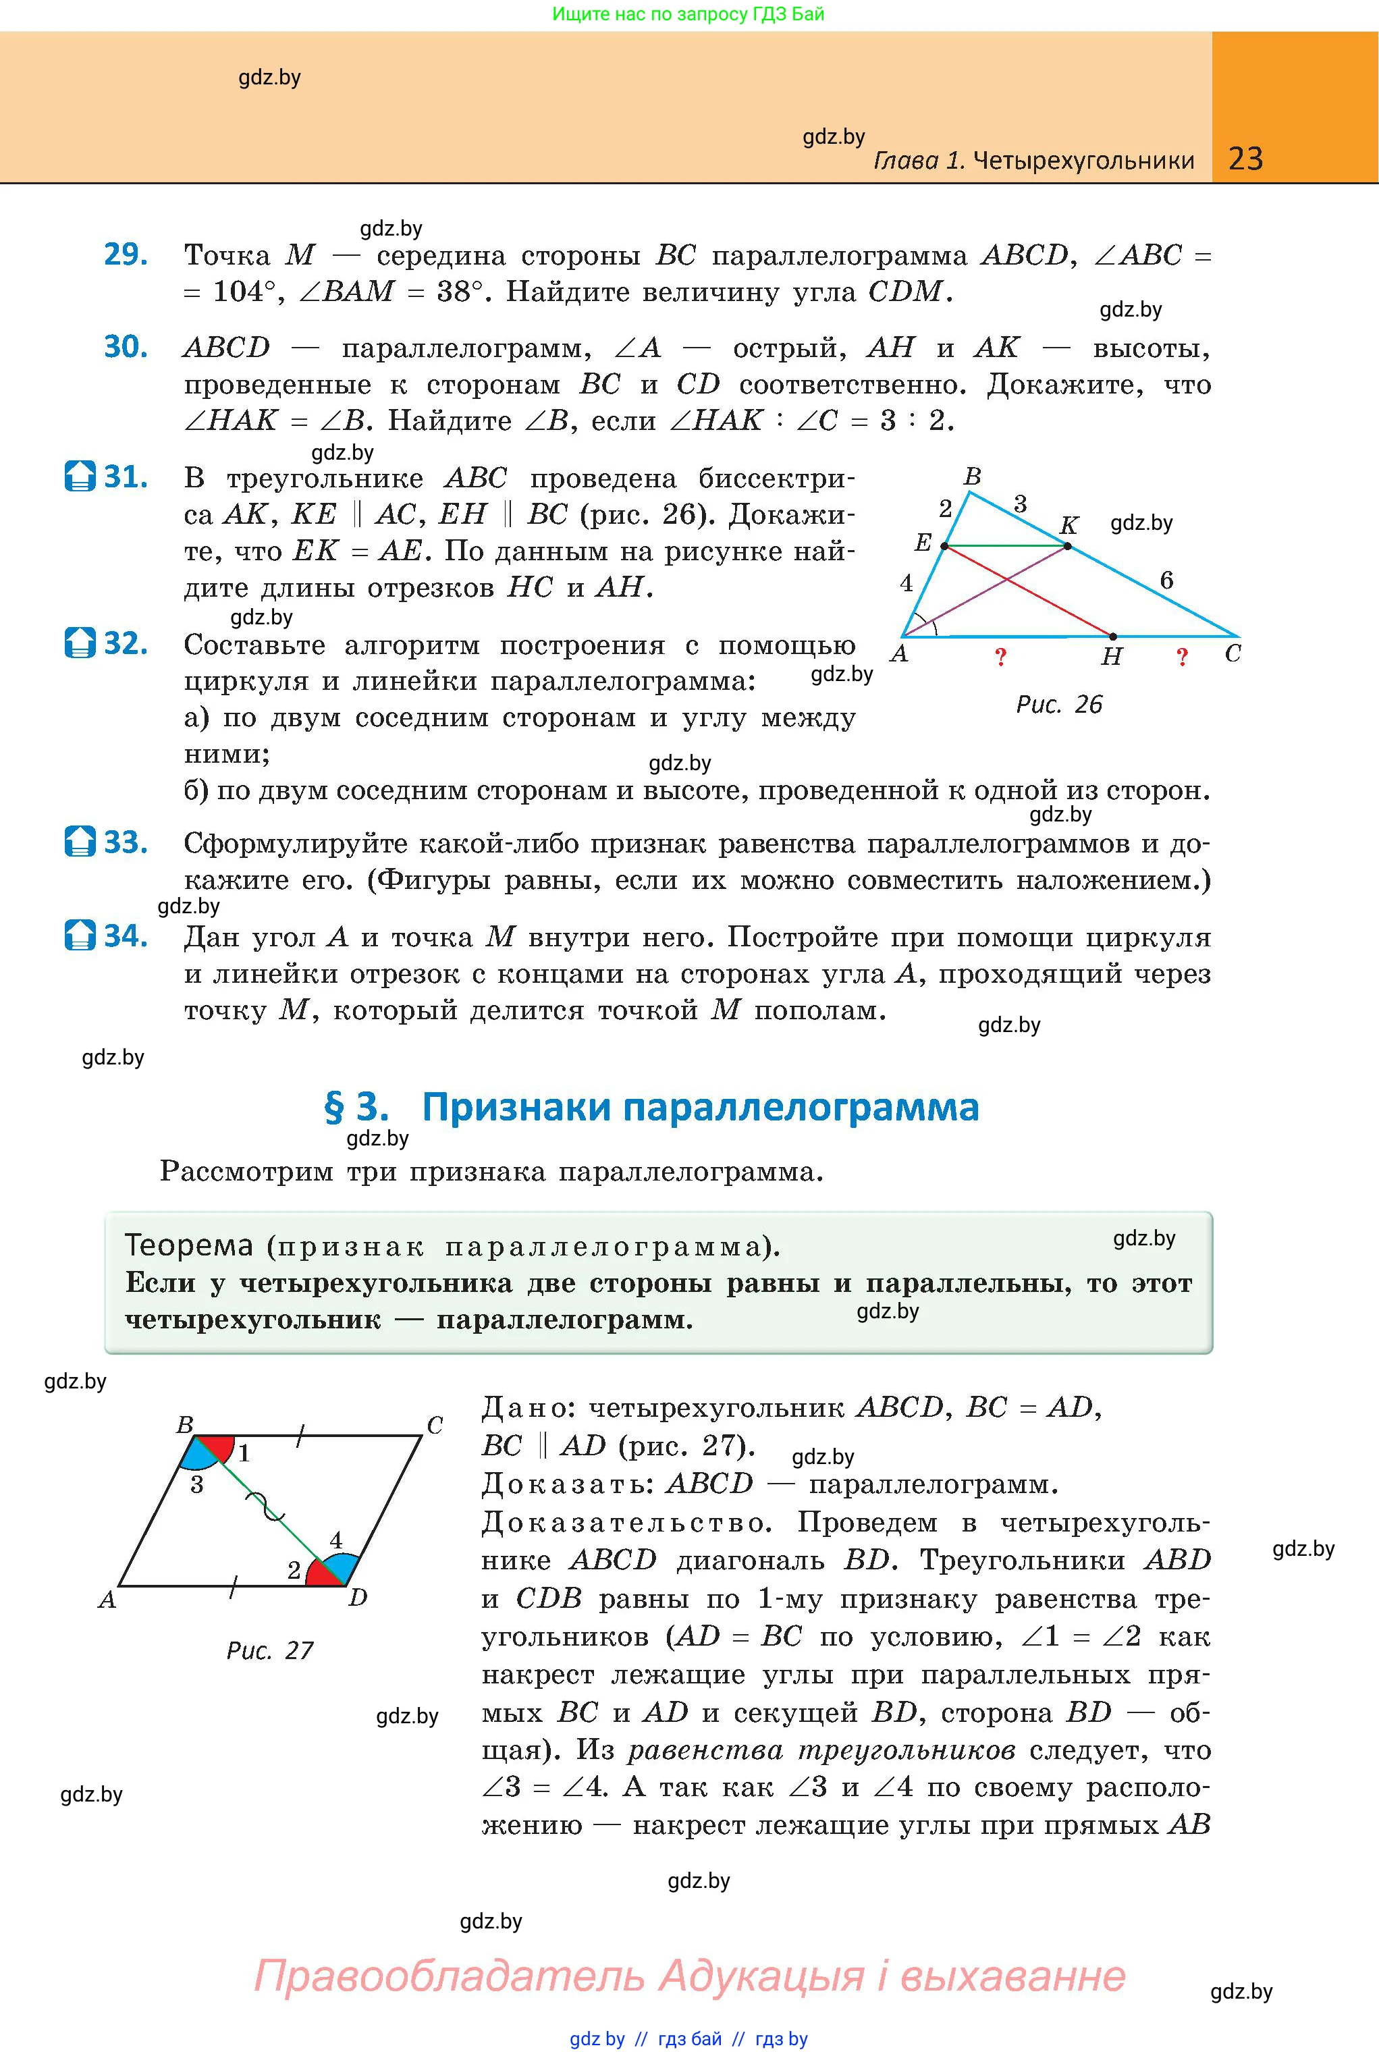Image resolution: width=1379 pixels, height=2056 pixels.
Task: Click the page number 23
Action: click(x=1245, y=159)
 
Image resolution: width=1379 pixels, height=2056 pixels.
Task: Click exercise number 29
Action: click(x=126, y=254)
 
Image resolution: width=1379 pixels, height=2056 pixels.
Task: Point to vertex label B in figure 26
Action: click(x=972, y=477)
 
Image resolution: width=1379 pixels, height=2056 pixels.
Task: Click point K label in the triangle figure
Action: click(x=1069, y=526)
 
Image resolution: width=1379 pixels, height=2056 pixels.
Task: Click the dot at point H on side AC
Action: click(x=1112, y=636)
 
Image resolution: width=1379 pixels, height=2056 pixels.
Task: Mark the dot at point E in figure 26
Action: click(x=944, y=546)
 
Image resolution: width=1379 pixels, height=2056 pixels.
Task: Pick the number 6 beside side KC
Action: click(x=1166, y=580)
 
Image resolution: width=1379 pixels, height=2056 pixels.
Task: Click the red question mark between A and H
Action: click(x=1000, y=657)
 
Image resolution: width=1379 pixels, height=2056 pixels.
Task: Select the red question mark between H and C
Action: click(x=1182, y=657)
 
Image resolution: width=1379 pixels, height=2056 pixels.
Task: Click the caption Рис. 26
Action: click(x=1059, y=705)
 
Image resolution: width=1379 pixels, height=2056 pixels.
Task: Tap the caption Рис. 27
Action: click(x=270, y=1650)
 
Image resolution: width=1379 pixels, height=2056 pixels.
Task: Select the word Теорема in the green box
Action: click(x=189, y=1245)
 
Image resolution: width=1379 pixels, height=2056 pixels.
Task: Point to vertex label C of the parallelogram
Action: click(x=435, y=1425)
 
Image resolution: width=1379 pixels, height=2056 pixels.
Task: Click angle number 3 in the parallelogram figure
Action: click(x=197, y=1485)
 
